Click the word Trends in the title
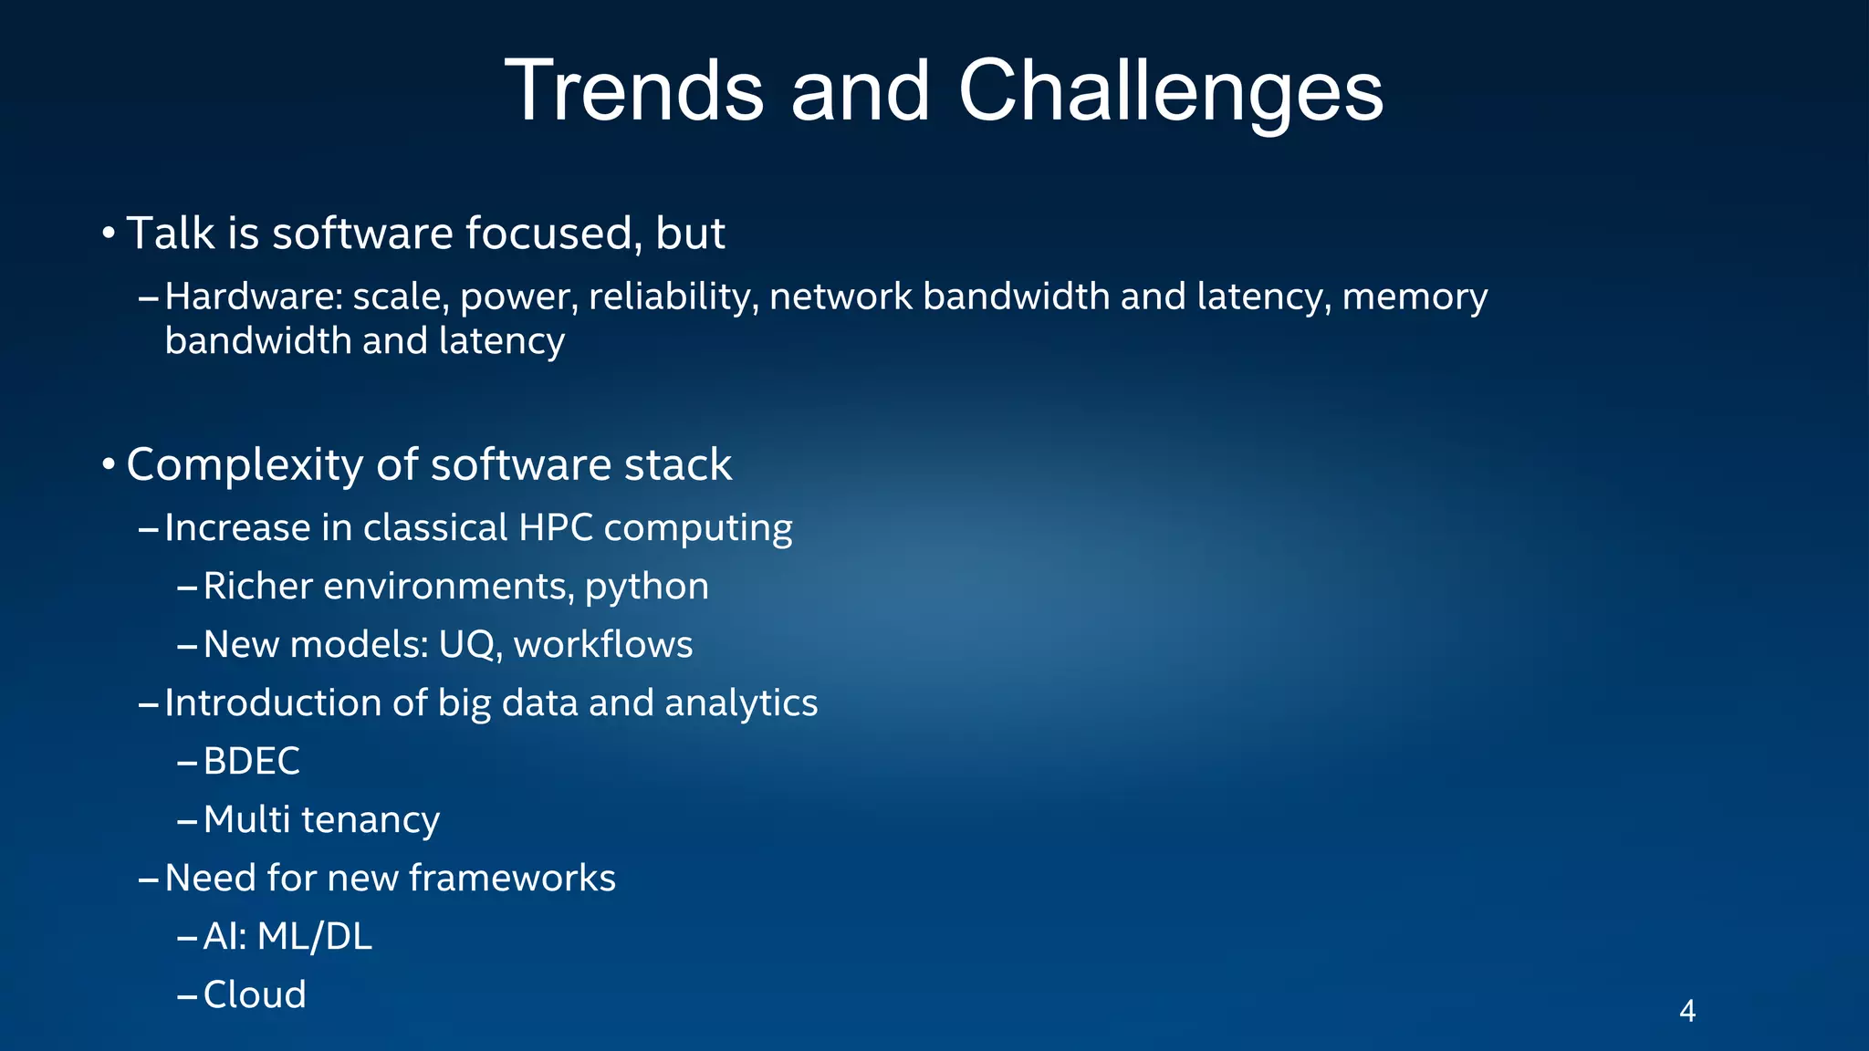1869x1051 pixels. click(x=634, y=90)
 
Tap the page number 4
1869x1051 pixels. click(x=1687, y=1011)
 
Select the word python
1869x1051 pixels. click(x=646, y=587)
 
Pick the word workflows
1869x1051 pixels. click(x=603, y=645)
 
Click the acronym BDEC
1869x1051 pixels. click(x=251, y=761)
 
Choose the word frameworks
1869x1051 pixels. click(x=512, y=878)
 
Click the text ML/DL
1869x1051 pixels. click(x=315, y=936)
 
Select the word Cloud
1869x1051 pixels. click(x=255, y=994)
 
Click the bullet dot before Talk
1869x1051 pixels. click(x=108, y=234)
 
